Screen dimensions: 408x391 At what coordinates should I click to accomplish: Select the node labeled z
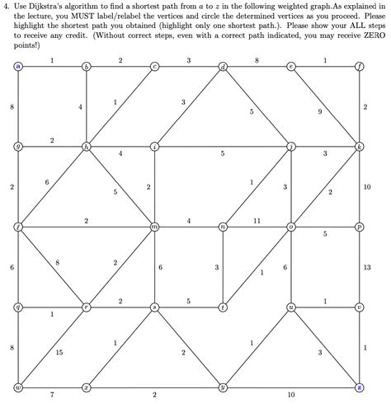(359, 387)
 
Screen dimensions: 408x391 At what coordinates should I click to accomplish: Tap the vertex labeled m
(154, 226)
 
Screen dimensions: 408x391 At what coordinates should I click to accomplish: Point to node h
(86, 146)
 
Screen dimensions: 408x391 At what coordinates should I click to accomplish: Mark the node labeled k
(359, 146)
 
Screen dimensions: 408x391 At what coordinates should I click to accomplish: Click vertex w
(18, 387)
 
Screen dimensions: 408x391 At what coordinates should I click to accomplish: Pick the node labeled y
(223, 387)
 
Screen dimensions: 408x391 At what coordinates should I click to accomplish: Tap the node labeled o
(290, 226)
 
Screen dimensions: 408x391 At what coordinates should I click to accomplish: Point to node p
(359, 226)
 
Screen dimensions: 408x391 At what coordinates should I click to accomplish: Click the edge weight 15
(59, 353)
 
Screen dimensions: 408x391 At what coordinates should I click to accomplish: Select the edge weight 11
(257, 220)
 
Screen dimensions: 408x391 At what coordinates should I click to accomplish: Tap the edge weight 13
(367, 267)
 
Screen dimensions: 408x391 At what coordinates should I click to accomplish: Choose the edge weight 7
(52, 396)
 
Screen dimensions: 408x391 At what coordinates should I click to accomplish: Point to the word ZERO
(373, 36)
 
